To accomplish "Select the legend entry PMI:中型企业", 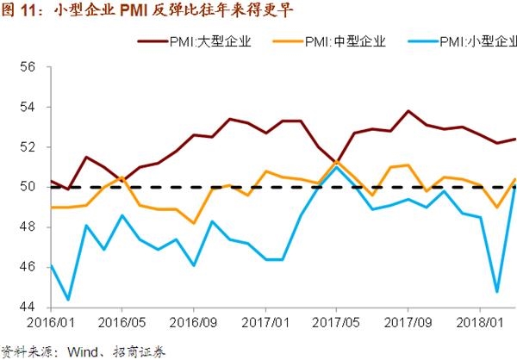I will pos(346,40).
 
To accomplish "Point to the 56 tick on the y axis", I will pos(26,67).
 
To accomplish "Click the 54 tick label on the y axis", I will pos(26,107).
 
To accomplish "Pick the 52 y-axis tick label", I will pos(26,147).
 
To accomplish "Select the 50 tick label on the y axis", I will pos(26,187).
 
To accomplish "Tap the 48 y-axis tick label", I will pos(26,227).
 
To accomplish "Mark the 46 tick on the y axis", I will pos(26,267).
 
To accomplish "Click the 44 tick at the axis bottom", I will pos(26,307).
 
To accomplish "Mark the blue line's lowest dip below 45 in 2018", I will pos(498,291).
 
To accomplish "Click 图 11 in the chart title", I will pos(19,10).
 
